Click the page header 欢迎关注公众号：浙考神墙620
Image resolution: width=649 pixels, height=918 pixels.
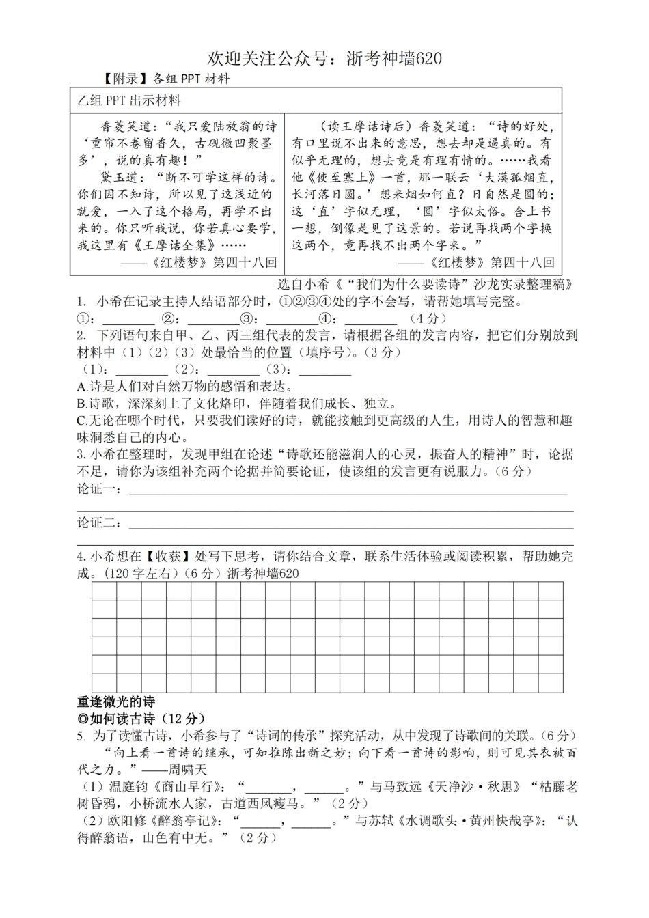(324, 59)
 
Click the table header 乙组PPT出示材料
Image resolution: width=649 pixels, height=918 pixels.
(129, 101)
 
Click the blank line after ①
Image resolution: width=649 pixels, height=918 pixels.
(128, 319)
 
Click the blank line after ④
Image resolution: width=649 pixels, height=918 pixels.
(370, 319)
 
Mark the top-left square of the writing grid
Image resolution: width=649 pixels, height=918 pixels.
(104, 592)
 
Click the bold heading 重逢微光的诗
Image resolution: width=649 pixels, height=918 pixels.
(116, 701)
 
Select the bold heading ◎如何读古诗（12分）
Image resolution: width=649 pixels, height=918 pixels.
(141, 718)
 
